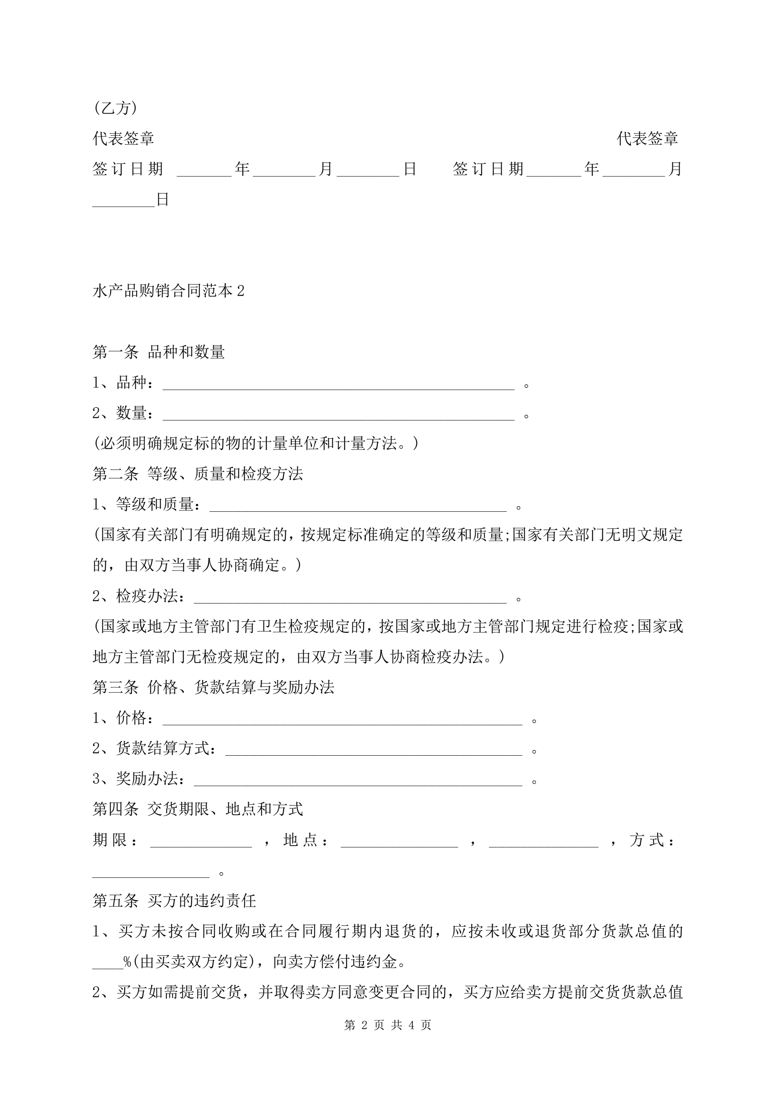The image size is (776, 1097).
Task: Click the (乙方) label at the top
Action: coord(115,108)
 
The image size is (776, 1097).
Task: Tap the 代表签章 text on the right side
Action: coord(647,139)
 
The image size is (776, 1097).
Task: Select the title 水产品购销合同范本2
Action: coord(168,291)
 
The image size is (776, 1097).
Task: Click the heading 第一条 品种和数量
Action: coord(159,352)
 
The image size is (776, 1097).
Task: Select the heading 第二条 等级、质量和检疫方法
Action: coord(198,474)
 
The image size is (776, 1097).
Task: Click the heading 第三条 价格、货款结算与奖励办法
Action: coord(213,687)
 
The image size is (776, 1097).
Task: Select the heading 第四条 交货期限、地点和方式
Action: coord(198,809)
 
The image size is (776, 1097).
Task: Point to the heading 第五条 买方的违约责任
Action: coord(174,901)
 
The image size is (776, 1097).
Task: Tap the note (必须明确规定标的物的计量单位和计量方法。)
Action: coord(256,443)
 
